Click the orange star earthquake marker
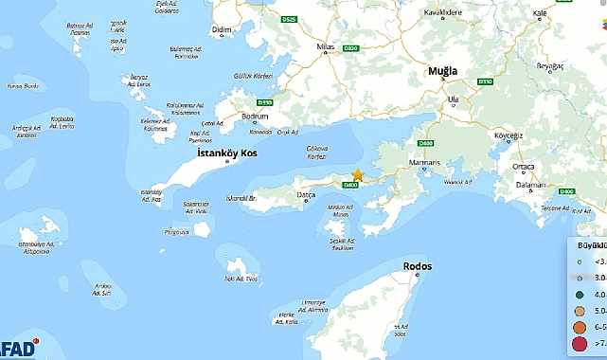(357, 174)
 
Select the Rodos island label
(417, 266)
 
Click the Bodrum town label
(257, 117)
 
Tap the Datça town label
(299, 194)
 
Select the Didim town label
(223, 31)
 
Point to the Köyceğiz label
(509, 135)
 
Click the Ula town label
(454, 99)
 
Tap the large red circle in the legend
(577, 344)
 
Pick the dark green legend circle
(577, 295)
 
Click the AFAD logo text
(18, 348)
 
